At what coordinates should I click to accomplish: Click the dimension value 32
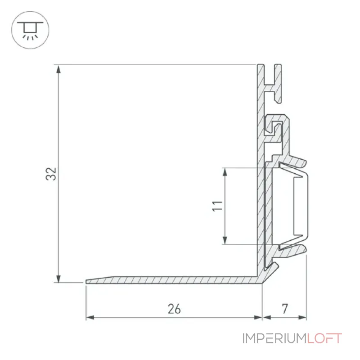(x=51, y=174)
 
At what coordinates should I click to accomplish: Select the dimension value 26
(x=174, y=309)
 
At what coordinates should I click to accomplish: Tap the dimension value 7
(x=285, y=309)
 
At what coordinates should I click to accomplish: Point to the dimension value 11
(x=217, y=206)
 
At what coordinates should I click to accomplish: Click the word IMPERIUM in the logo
(x=274, y=338)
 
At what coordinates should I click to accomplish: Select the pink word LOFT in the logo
(x=324, y=338)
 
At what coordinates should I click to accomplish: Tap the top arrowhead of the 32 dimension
(x=58, y=69)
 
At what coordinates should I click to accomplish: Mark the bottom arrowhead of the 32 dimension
(x=58, y=278)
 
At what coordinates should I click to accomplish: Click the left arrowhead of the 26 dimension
(x=90, y=318)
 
